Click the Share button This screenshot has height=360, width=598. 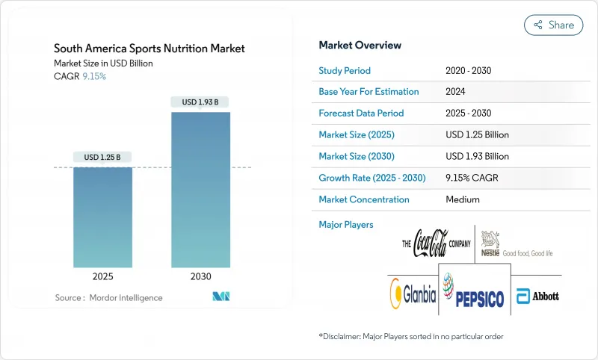554,25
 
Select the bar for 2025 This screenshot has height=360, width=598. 102,217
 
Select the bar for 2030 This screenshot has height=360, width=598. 200,190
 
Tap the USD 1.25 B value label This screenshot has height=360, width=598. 102,157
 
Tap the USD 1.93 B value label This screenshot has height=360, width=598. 200,102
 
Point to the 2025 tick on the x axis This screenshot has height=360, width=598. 102,276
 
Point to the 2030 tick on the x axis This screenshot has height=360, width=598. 200,276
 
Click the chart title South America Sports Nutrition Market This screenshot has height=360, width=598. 149,49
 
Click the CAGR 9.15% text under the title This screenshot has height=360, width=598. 80,76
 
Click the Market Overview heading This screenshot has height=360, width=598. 360,46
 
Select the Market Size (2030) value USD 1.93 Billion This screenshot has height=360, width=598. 477,156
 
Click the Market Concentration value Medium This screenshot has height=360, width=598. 463,199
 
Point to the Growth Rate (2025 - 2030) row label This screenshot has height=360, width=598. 371,178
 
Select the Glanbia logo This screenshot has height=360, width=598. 411,294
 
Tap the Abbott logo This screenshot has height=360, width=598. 537,295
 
